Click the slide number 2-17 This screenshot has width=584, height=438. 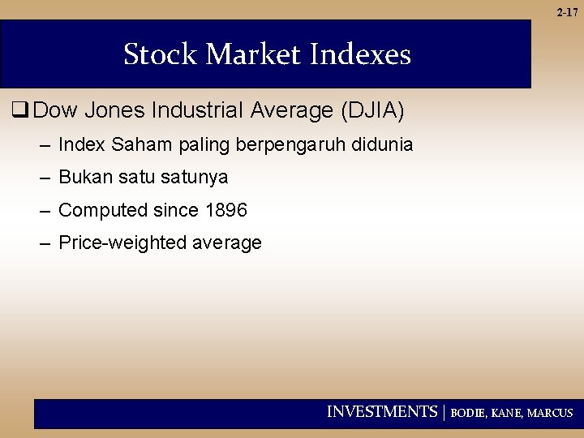568,12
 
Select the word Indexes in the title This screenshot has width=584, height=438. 361,54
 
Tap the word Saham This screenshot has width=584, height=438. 140,145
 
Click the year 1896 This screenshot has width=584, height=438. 226,210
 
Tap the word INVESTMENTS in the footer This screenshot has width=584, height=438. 381,412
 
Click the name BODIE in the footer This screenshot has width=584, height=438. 468,413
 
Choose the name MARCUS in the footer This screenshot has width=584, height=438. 550,413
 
